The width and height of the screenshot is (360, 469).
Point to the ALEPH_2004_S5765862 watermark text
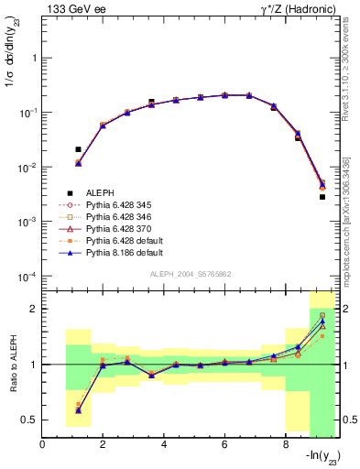tap(190, 275)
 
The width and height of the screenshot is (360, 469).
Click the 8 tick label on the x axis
tap(286, 445)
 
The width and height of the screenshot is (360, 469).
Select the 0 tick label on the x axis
tap(42, 445)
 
